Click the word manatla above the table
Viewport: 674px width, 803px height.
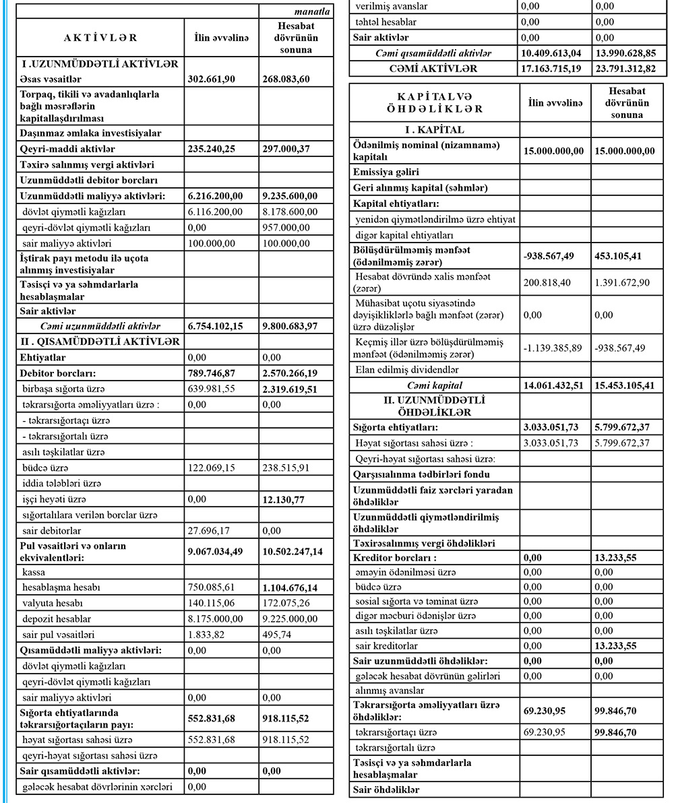[312, 12]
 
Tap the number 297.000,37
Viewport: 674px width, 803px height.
[289, 149]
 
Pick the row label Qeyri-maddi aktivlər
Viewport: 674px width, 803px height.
[67, 149]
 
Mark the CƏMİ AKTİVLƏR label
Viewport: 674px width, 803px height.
[433, 68]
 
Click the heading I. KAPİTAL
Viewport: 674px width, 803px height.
[433, 129]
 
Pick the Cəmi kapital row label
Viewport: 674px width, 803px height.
[435, 385]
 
